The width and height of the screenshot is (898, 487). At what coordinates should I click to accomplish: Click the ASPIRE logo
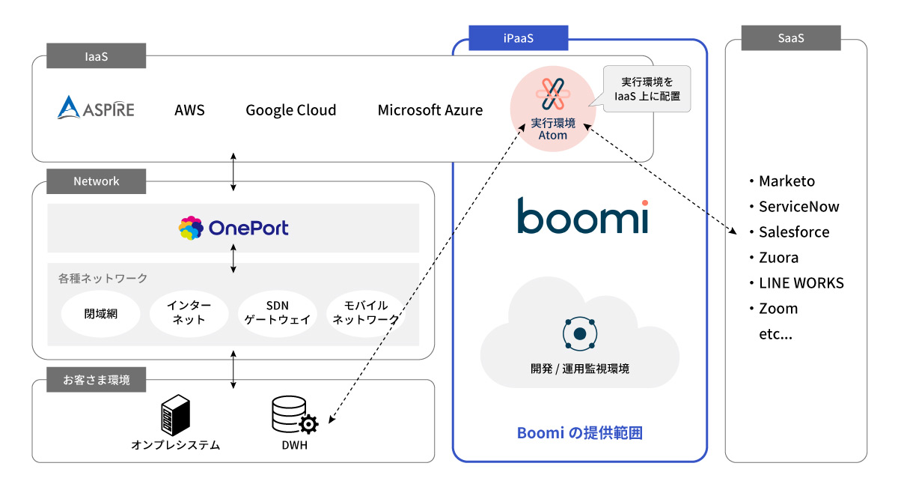pos(96,109)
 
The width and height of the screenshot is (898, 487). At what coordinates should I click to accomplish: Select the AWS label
pos(189,110)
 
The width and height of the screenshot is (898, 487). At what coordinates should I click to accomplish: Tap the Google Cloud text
pos(290,110)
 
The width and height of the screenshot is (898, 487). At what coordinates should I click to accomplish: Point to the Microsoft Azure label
pos(430,110)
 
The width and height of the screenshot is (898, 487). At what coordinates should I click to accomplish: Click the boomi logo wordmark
pos(581,216)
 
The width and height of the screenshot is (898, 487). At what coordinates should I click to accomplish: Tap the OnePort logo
pos(233,228)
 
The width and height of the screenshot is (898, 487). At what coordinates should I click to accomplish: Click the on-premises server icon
pos(175,414)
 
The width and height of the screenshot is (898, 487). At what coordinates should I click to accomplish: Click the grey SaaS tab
pos(790,38)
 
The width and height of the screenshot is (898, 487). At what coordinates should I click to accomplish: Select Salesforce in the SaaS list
pos(793,232)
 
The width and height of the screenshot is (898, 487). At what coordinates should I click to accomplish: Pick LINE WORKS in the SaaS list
pos(801,283)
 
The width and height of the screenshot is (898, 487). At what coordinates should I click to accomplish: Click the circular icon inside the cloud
pos(579,333)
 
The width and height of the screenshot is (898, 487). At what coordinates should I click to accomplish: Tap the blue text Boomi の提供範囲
pos(579,433)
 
